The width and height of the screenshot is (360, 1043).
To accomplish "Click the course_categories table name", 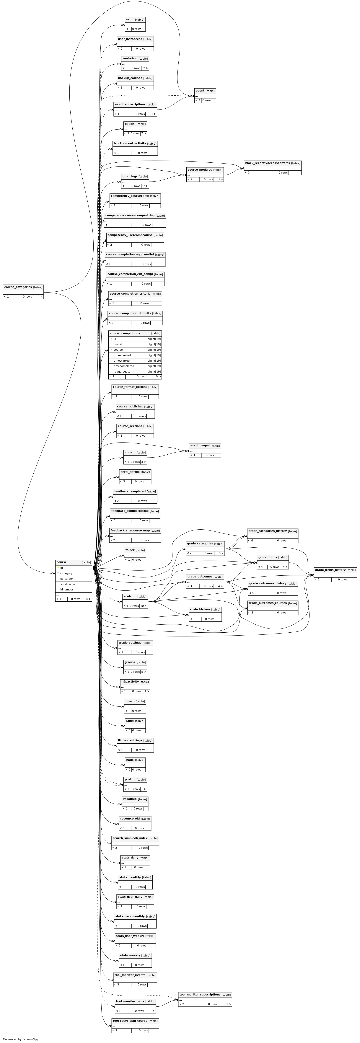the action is [18, 287].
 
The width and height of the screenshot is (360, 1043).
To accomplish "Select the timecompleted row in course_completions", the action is [135, 366].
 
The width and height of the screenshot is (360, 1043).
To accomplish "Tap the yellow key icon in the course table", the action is [58, 568].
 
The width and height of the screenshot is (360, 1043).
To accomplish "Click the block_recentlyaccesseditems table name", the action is [267, 163].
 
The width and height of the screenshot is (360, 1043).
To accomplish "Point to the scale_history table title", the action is [200, 609].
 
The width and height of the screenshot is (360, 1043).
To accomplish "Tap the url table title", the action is [128, 19].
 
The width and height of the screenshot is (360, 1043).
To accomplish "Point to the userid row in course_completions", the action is [135, 344].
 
